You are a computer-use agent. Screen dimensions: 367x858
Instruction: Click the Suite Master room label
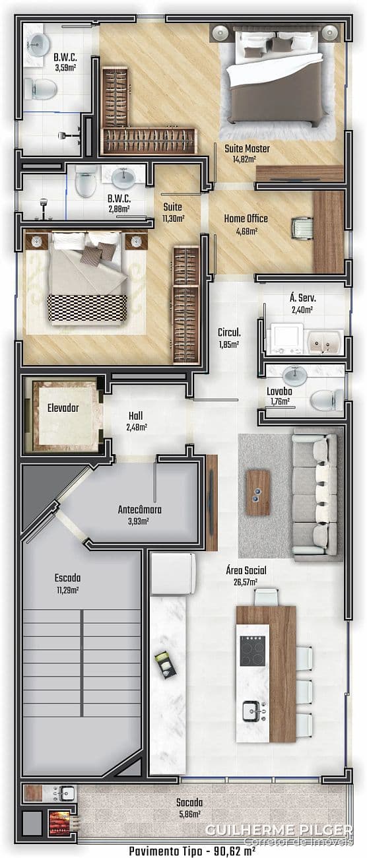coord(247,148)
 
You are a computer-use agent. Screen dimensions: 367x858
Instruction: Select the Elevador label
coord(63,408)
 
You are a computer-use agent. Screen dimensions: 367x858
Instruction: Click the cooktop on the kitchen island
coord(252,651)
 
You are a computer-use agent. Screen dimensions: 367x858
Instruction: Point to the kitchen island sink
coord(253,711)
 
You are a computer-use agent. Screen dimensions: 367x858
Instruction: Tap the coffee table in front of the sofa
coord(258,492)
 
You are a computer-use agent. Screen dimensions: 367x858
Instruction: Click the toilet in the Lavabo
coord(327,400)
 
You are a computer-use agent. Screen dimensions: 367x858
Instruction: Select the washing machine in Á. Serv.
coord(286,339)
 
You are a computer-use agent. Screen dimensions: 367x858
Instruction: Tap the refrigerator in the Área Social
coord(174,574)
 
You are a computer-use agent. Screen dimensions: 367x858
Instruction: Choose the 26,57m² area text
coord(245,582)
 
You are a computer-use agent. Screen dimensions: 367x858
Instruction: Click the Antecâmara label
coord(139,510)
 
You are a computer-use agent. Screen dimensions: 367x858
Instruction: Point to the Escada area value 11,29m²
coord(68,590)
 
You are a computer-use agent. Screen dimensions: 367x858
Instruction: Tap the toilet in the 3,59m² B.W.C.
coord(40,89)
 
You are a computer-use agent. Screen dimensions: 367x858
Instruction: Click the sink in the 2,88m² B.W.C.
coord(123,177)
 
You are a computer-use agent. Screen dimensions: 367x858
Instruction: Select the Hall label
coord(135,416)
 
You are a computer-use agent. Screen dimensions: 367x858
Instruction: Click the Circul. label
coord(229,332)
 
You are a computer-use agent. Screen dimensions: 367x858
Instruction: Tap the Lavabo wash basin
coord(294,376)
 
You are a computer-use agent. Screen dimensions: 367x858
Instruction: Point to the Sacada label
coord(189,802)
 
